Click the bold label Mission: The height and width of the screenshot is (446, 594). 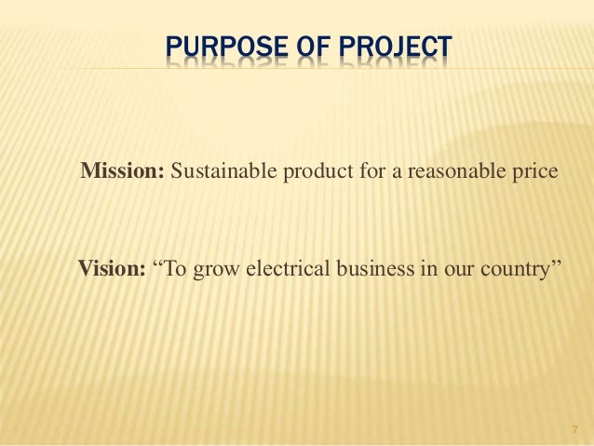(x=123, y=172)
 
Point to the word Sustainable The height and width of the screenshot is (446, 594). (x=216, y=172)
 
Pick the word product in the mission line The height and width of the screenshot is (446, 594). (x=300, y=173)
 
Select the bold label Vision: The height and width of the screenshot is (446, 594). (x=111, y=271)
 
